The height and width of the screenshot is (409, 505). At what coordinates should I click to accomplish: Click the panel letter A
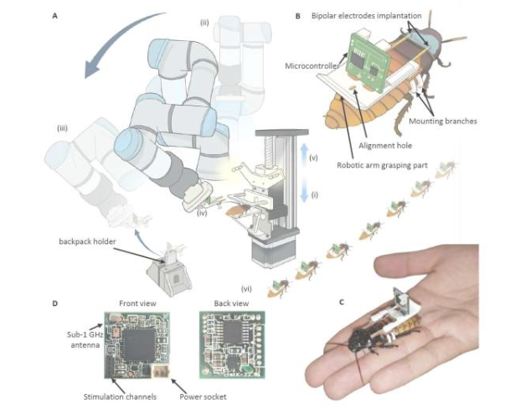point(56,13)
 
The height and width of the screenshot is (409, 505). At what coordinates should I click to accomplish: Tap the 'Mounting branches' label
point(452,121)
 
